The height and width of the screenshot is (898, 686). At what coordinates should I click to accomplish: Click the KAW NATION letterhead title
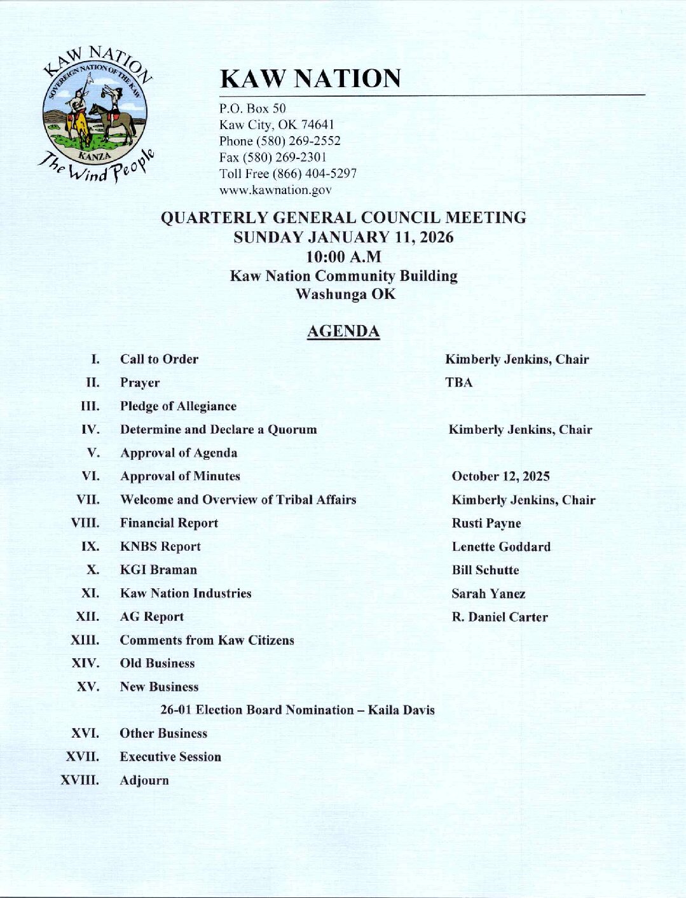(310, 79)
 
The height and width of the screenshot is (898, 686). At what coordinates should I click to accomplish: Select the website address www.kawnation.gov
(275, 190)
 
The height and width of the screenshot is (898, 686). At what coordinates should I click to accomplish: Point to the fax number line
(273, 157)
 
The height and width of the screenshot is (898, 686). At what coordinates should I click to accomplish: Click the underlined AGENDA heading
(343, 331)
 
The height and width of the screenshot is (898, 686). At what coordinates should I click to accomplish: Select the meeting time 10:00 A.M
(343, 257)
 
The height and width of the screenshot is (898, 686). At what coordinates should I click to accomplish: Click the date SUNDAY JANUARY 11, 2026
(343, 237)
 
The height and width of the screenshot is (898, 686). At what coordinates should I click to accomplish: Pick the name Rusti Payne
(486, 523)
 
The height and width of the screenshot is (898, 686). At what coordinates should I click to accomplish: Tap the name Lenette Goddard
(501, 547)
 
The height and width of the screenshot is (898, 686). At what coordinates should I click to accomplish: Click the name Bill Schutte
(485, 570)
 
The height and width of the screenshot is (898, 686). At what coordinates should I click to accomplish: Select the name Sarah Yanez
(488, 594)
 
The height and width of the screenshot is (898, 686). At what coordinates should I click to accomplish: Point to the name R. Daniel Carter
(500, 617)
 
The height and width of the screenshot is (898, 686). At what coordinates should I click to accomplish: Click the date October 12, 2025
(500, 476)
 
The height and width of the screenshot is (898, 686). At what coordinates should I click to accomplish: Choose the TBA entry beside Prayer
(458, 383)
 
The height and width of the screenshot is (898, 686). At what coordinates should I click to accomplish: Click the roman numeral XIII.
(85, 640)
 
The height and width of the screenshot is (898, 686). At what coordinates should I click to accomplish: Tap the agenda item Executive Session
(170, 757)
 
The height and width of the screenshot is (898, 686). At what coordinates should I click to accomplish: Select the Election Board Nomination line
(298, 710)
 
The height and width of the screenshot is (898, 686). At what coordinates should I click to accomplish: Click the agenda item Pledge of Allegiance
(178, 406)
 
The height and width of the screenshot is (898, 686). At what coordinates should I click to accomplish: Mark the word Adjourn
(144, 780)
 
